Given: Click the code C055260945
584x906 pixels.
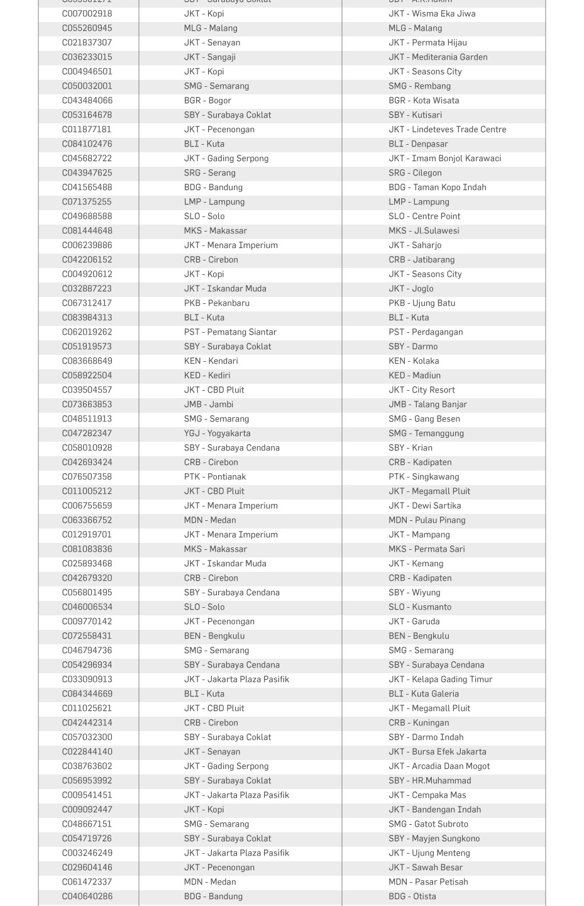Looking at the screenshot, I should (x=87, y=28).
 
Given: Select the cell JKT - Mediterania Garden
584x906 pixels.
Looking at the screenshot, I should (x=438, y=57).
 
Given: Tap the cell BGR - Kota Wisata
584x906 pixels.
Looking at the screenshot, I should (x=423, y=101).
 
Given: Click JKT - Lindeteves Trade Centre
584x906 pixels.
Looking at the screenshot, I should (x=447, y=130).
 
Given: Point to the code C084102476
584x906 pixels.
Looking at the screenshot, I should (x=87, y=144).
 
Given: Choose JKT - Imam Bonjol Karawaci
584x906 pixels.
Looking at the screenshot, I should (x=444, y=159).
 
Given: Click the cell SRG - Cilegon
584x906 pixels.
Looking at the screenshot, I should (x=415, y=173).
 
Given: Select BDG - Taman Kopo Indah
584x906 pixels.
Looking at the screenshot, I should (x=437, y=187).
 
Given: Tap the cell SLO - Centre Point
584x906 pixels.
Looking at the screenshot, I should (x=424, y=216).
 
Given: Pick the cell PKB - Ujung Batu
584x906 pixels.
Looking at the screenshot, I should (x=422, y=303).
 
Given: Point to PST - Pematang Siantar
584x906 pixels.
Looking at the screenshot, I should (x=230, y=332).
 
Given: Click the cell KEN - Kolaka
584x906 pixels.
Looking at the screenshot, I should (x=414, y=361).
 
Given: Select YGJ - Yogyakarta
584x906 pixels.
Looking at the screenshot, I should (x=217, y=433).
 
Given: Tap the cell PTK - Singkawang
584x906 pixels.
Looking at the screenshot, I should (x=424, y=477).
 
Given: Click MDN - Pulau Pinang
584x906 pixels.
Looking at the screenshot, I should (x=427, y=520).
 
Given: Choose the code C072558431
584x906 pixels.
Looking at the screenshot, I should (x=87, y=636).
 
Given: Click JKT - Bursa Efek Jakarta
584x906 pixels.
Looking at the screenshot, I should (x=437, y=752).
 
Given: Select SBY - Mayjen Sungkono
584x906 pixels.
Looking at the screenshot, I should (x=434, y=839).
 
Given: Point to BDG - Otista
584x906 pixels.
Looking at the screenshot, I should (x=412, y=897).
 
